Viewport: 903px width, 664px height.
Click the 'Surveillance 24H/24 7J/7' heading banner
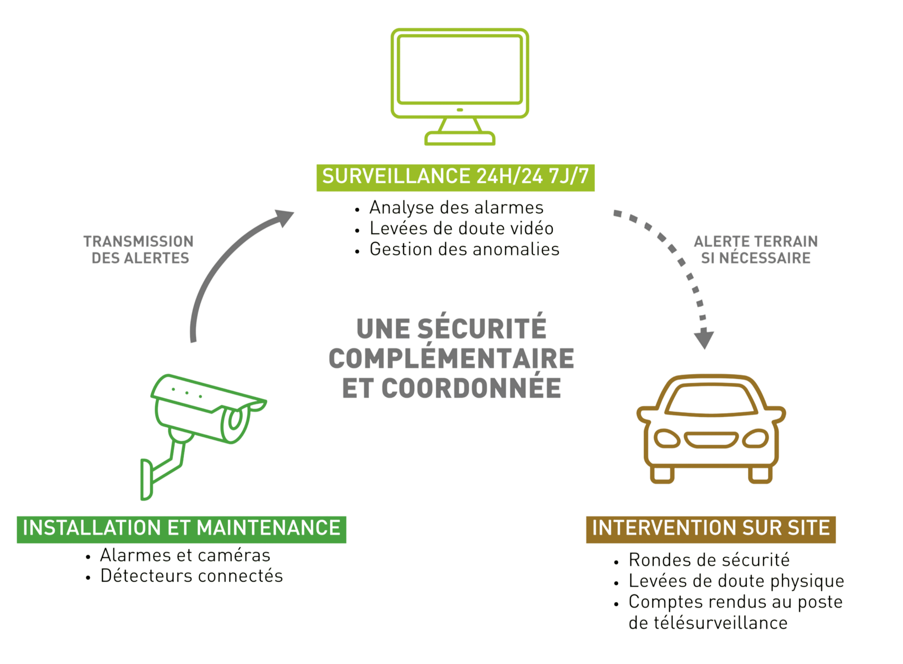coord(455,177)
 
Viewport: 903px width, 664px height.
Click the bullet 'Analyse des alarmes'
coord(456,208)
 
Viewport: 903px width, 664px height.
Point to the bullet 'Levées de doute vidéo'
coord(461,229)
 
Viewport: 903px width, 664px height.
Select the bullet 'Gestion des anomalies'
coord(464,250)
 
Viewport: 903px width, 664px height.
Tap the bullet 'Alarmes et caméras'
coord(185,556)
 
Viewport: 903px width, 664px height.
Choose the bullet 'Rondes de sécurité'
coord(709,560)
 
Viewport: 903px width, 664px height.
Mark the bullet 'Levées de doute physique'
coord(736,581)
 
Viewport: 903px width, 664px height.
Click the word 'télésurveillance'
coord(708,623)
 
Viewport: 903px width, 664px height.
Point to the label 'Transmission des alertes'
coord(139,250)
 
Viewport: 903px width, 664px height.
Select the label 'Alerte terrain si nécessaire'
coord(756,250)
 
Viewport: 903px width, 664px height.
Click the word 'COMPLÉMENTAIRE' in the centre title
coord(451,359)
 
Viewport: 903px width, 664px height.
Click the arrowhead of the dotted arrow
coord(704,340)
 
